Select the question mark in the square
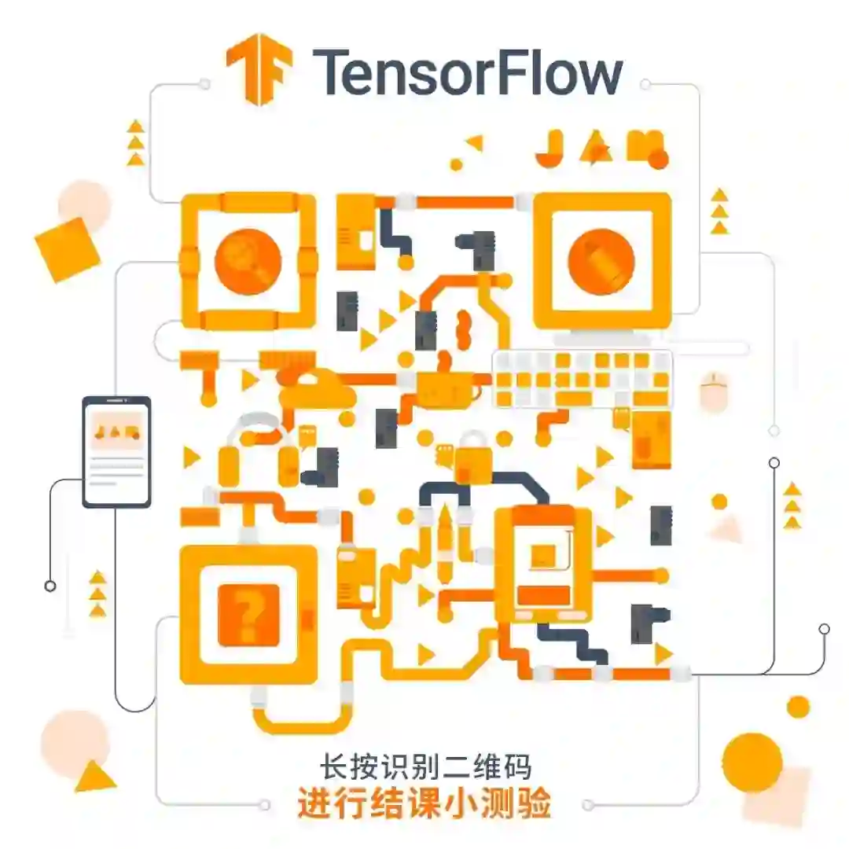(x=251, y=614)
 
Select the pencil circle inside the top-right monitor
(x=601, y=260)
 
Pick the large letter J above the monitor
(x=548, y=148)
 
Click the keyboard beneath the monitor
(x=583, y=378)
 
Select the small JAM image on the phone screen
(x=116, y=432)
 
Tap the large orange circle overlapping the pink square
(x=752, y=762)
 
